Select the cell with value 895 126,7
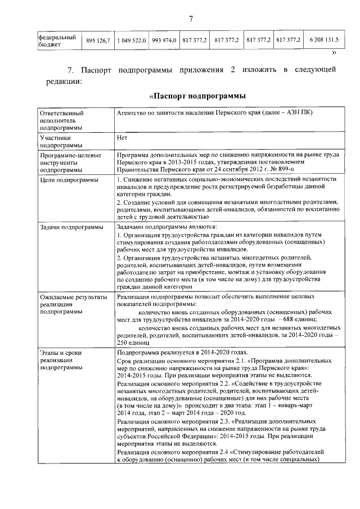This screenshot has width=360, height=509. (97, 40)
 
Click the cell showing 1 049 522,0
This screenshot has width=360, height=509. (132, 40)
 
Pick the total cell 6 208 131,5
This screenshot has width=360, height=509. (323, 40)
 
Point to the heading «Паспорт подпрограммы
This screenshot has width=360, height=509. (190, 96)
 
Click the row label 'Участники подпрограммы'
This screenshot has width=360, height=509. (55, 140)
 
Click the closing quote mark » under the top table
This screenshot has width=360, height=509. (334, 52)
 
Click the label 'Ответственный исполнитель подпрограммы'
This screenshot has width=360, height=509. (61, 120)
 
